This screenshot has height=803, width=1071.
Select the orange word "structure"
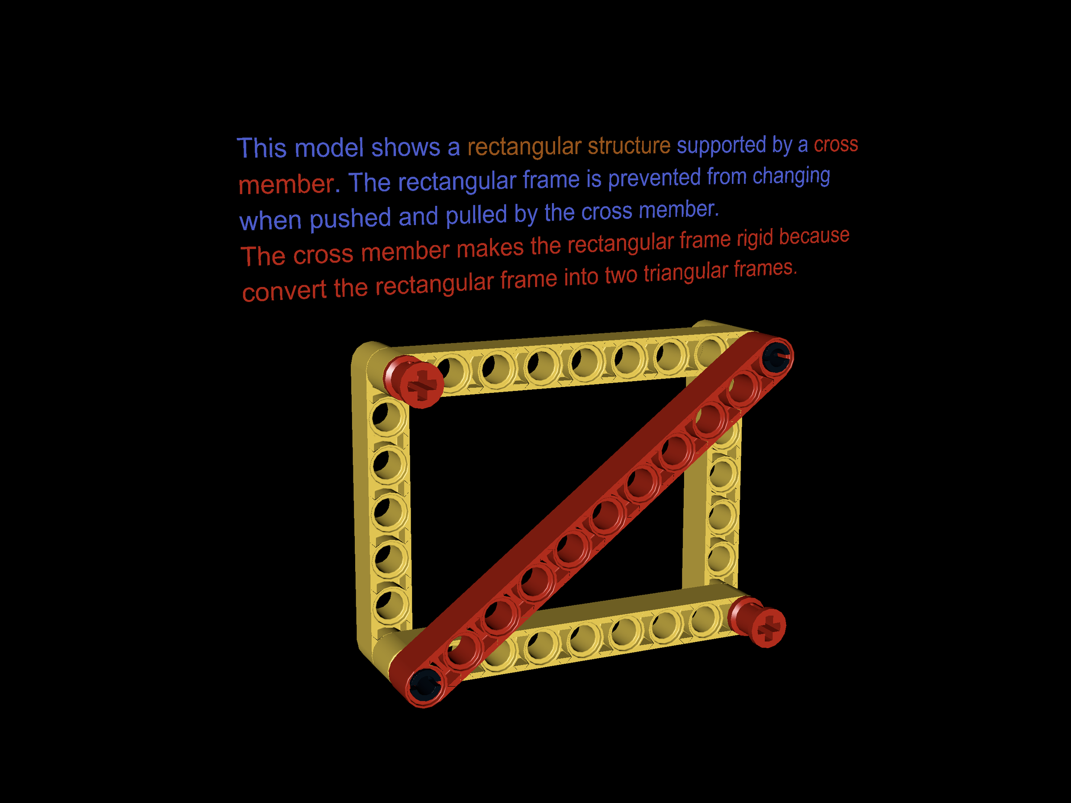(629, 146)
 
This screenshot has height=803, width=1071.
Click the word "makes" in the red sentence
(490, 249)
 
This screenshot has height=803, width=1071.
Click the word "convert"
(284, 291)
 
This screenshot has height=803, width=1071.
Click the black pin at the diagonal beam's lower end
(424, 684)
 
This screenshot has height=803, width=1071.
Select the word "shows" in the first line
(405, 147)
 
